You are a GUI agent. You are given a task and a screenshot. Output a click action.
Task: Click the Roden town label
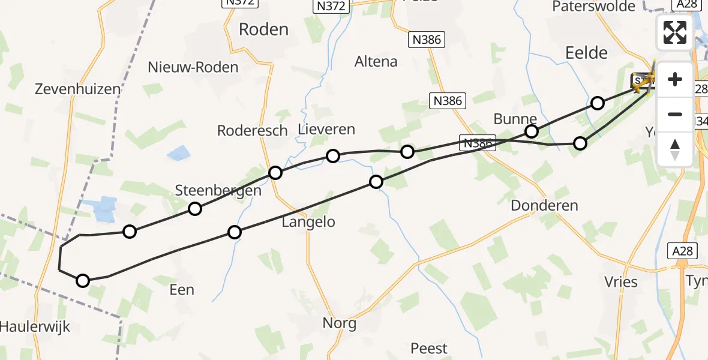coord(263,29)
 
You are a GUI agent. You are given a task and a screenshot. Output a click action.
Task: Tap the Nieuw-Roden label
coord(193,67)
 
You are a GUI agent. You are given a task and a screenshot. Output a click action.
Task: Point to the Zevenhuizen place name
coord(77,89)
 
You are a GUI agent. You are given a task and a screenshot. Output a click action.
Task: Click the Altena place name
coord(376,61)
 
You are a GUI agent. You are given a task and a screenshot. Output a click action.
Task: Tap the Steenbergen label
coord(218,191)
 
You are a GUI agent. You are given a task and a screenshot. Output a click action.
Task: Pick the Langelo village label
coord(308,222)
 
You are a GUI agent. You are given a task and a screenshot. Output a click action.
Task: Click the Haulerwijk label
coord(35,327)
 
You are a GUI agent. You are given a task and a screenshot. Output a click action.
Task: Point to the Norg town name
coord(339,324)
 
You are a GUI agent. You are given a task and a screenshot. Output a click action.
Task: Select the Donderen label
coord(544,206)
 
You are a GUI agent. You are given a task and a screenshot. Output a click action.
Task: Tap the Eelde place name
coord(586,53)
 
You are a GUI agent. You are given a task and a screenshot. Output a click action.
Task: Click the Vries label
coord(621,281)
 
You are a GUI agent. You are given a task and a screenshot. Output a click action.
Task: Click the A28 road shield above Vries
coord(682,251)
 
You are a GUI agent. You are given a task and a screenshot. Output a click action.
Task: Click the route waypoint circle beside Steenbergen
coord(194,209)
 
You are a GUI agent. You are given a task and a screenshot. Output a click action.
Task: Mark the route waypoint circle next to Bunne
coord(531,131)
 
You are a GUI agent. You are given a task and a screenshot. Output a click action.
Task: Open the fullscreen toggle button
coord(675,32)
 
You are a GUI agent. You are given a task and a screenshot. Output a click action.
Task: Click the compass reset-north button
coord(675,149)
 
